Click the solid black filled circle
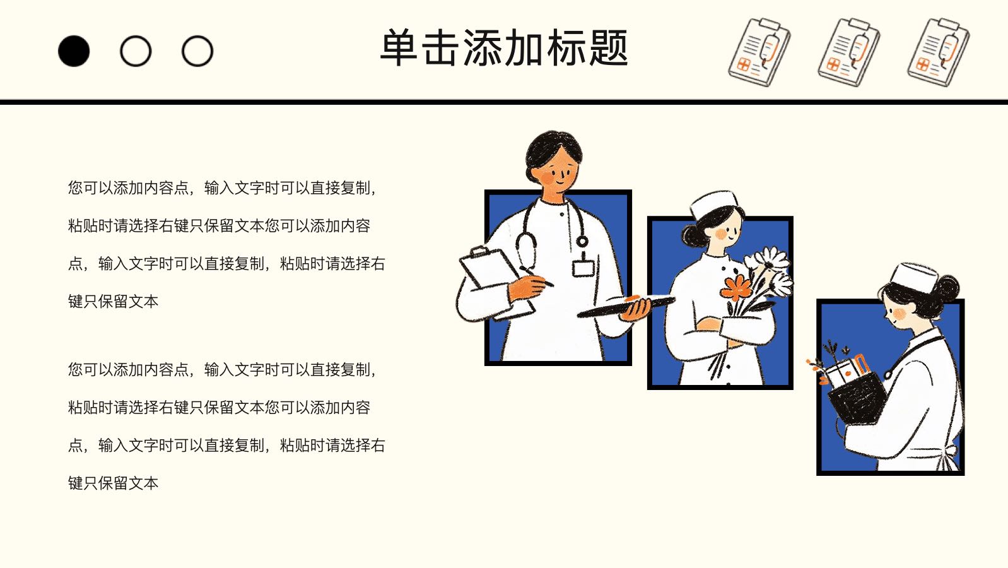(x=74, y=51)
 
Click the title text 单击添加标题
(x=504, y=48)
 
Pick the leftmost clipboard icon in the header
(x=759, y=52)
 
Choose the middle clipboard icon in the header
(x=848, y=52)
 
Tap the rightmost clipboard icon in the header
(x=938, y=52)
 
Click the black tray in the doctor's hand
(x=626, y=305)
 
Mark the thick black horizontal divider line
(x=504, y=102)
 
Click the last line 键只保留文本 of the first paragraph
(x=114, y=302)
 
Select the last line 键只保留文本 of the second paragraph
(x=114, y=483)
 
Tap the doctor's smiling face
(x=556, y=170)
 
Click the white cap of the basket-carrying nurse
(x=913, y=276)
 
